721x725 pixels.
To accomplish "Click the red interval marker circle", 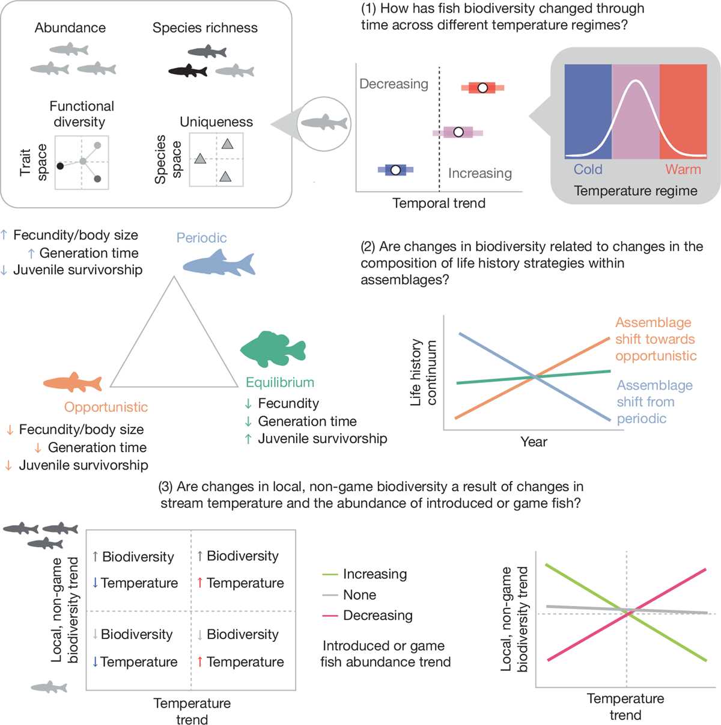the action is coord(482,88).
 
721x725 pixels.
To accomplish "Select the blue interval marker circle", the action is coord(395,170).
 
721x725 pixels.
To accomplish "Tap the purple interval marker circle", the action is coord(458,132).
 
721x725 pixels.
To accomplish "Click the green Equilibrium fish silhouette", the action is coord(273,349).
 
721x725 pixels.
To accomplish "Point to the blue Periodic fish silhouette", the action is coord(219,263).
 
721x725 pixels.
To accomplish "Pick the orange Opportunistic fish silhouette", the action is coord(73,382).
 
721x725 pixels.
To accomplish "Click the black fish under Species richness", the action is coord(187,71).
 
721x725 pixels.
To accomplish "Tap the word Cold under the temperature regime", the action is coord(588,170).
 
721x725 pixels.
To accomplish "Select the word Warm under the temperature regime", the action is coord(683,170).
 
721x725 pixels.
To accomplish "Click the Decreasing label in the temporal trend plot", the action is coord(394,84).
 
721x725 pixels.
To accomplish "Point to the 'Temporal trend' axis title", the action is coord(439,203).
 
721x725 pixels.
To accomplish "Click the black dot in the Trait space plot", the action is coord(60,166).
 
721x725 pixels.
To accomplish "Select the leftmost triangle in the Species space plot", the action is coord(200,159).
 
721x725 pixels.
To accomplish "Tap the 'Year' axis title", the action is coord(534,441).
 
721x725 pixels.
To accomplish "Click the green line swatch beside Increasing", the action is coord(330,575).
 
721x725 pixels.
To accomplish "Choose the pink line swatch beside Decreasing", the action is coord(330,616).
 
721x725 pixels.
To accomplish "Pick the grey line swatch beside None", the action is coord(330,595).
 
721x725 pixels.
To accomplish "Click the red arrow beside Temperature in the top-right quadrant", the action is coord(199,583).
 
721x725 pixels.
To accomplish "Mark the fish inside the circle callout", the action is coord(324,122).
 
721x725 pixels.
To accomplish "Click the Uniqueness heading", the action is coord(216,122).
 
